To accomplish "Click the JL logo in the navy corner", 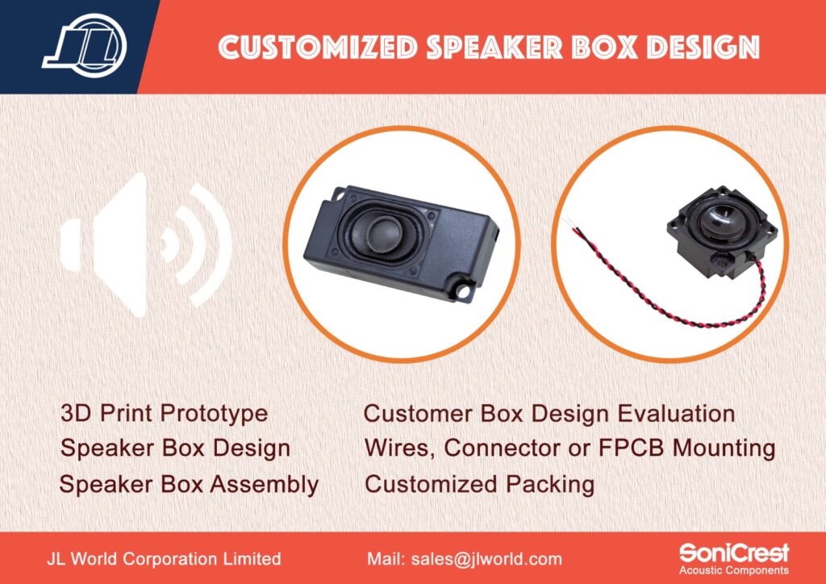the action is click(x=85, y=46).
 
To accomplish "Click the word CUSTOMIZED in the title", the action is click(x=318, y=47).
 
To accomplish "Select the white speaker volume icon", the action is click(x=146, y=245).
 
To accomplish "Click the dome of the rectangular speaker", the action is click(x=383, y=235).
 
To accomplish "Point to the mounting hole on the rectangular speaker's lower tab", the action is click(x=463, y=290).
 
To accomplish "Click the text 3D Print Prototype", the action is click(x=164, y=414).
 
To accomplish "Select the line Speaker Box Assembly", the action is click(x=189, y=485).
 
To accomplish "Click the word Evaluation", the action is click(x=676, y=413).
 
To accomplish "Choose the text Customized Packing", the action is click(x=479, y=485).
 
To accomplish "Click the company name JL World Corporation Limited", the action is click(x=164, y=559).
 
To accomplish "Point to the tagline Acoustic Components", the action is click(x=734, y=570).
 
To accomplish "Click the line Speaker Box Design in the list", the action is click(x=175, y=448).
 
